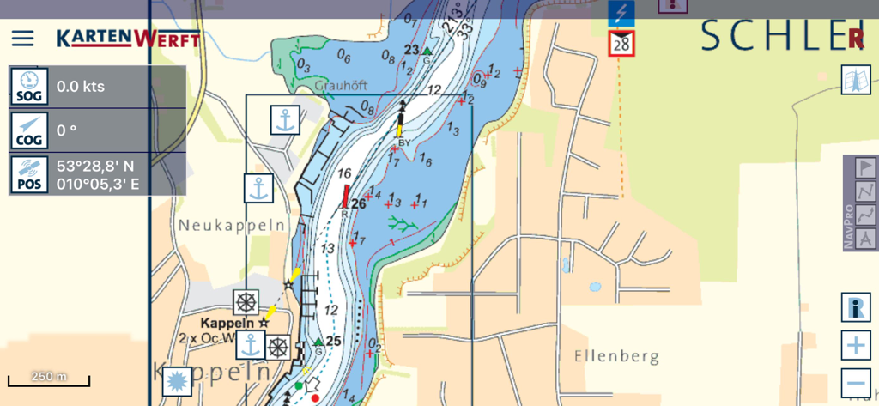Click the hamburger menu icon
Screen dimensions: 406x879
point(22,39)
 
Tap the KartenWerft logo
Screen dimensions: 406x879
point(128,39)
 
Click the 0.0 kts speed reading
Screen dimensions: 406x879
point(81,87)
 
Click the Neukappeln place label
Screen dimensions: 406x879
point(220,225)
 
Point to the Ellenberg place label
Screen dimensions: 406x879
point(616,355)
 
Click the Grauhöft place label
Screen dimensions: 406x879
point(341,86)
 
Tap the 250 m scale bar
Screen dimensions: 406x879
point(49,379)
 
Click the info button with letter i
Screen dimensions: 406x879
point(856,306)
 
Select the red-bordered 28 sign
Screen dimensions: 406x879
point(621,43)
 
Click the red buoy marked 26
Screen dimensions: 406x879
point(347,198)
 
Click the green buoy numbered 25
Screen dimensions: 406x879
point(318,342)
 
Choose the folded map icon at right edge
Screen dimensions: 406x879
point(856,80)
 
